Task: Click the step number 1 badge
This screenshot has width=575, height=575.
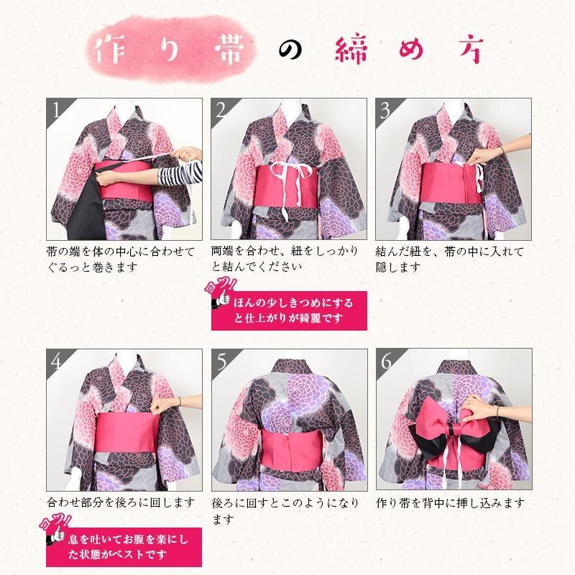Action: tap(55, 110)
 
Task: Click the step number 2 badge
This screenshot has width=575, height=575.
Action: tap(221, 110)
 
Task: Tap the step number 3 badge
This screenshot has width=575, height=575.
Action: tap(385, 110)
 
